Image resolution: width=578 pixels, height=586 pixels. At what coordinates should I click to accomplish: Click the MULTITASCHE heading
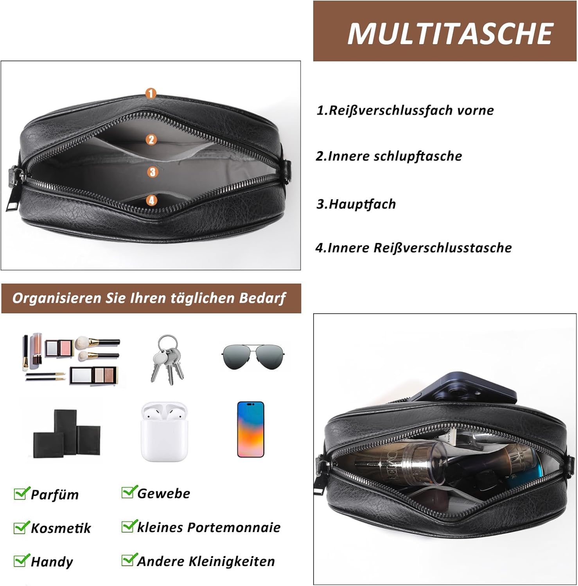tap(450, 33)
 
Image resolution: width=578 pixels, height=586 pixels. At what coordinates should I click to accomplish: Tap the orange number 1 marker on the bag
tap(151, 93)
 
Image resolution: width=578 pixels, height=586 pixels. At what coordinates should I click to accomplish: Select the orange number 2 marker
tap(152, 139)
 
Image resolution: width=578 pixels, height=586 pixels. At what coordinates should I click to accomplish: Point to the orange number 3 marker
tap(153, 172)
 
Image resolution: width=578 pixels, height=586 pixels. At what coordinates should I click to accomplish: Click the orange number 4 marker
tap(152, 200)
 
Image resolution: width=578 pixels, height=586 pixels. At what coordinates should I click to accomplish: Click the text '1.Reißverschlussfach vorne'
tap(405, 110)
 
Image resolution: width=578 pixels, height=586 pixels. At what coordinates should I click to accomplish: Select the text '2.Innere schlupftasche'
tap(389, 156)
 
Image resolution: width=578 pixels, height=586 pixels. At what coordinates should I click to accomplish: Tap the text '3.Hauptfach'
tap(356, 204)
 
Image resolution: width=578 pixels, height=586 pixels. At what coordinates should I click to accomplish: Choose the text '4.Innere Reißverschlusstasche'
tap(414, 248)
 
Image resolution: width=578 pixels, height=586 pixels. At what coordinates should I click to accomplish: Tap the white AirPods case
tap(164, 432)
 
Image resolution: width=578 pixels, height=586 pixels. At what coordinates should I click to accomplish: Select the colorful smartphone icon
tap(251, 429)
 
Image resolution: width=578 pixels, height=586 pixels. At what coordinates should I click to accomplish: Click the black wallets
tap(67, 434)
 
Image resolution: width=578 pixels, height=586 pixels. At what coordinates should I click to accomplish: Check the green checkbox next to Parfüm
tap(21, 493)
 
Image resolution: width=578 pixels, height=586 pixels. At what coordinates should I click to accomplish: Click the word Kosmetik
tap(61, 528)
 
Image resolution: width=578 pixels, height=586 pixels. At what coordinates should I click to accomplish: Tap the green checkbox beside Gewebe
tap(129, 492)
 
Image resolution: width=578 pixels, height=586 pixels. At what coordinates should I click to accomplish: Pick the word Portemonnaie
tap(234, 527)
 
